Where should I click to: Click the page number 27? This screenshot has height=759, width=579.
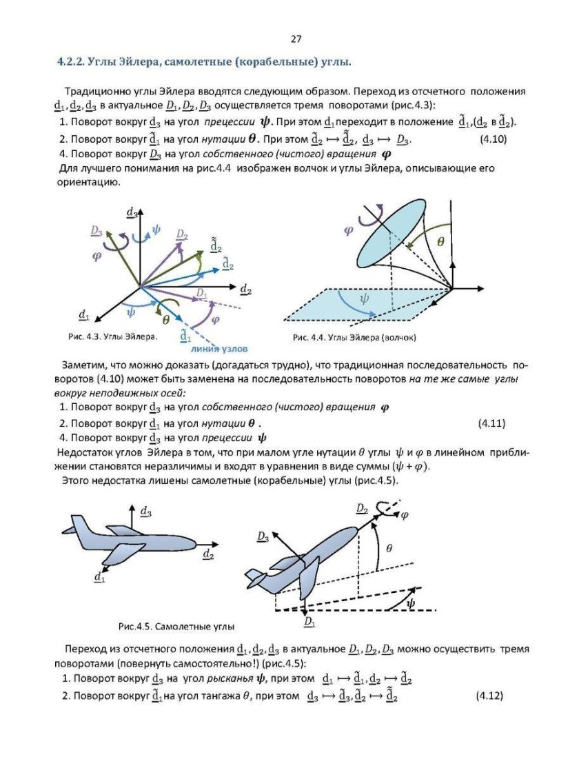click(x=296, y=39)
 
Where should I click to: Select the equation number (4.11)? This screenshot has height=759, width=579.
click(x=491, y=423)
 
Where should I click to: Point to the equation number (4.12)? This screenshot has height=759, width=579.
click(x=489, y=696)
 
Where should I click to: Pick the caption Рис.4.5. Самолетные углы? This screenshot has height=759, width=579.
click(x=176, y=627)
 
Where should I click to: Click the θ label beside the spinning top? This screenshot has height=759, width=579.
click(x=441, y=241)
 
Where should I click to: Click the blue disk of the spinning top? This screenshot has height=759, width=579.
click(x=389, y=234)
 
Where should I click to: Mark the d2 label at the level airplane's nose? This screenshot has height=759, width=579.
click(x=208, y=554)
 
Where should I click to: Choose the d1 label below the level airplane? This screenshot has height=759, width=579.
click(x=100, y=575)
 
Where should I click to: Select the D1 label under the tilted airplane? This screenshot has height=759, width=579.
click(x=309, y=623)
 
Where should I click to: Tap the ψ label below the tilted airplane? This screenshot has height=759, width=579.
click(x=412, y=603)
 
